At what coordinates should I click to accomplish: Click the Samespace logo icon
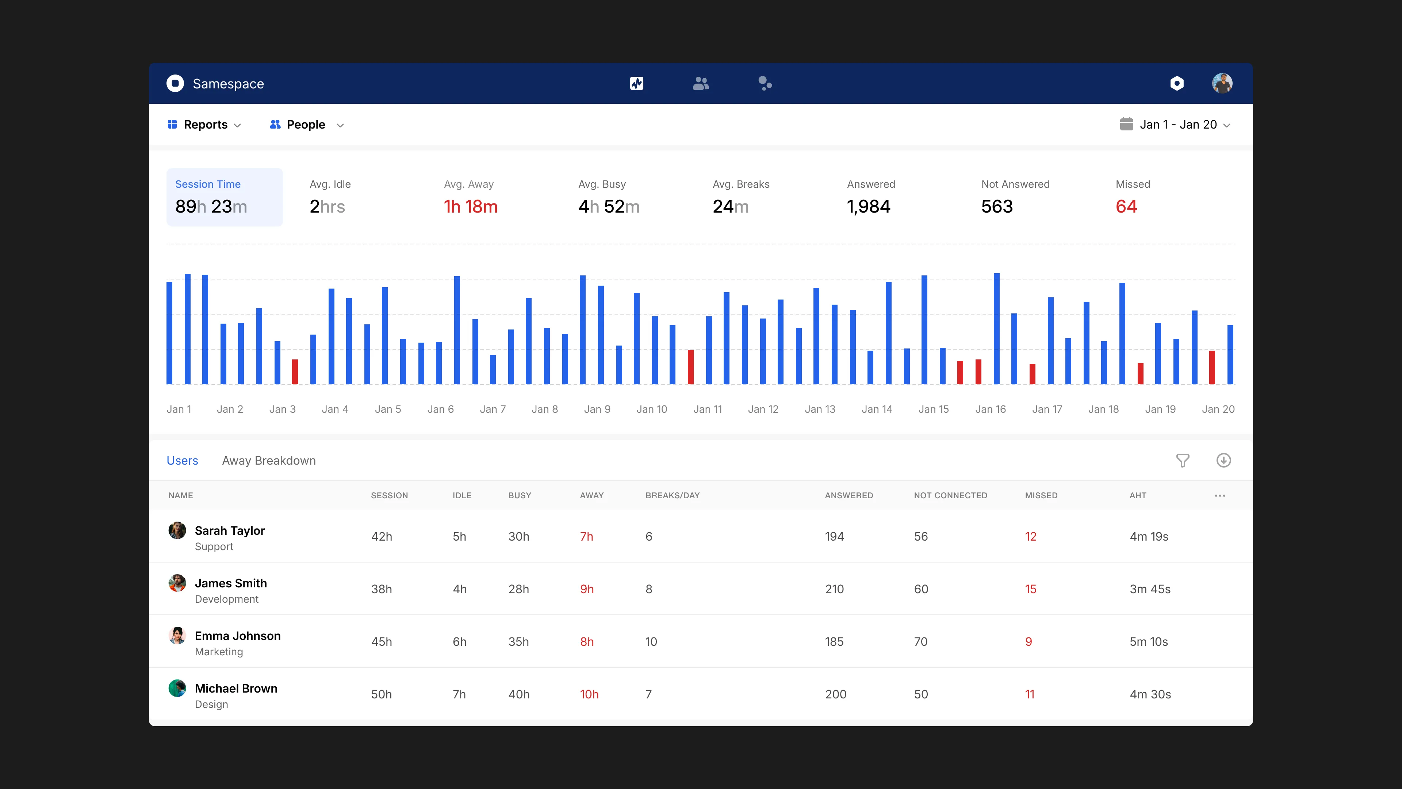coord(175,83)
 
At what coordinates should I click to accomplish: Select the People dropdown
coord(306,125)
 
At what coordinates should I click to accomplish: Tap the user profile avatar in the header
coord(1222,83)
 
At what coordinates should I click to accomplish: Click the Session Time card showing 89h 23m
coord(224,197)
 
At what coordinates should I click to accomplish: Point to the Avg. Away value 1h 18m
coord(470,207)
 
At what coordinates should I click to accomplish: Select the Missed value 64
coord(1126,207)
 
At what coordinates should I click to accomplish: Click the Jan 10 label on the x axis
coord(651,409)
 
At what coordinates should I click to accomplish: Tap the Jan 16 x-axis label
coord(990,409)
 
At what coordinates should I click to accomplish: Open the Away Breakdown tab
coord(269,461)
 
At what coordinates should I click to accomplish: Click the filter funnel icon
coord(1182,461)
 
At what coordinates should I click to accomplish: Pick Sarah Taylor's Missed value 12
coord(1030,536)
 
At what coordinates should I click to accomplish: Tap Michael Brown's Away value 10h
coord(589,694)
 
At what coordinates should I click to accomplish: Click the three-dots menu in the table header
coord(1220,496)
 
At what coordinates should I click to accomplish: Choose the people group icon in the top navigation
coord(701,83)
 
